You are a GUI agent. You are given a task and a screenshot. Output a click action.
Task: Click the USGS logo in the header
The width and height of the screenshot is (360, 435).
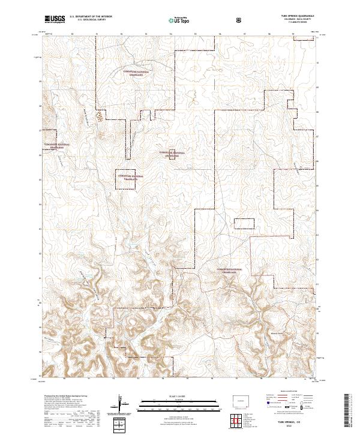point(55,20)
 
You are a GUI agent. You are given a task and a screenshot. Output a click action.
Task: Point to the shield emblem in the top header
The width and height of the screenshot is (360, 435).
point(240,20)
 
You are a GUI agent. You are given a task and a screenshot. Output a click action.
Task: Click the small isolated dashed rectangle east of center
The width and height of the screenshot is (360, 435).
point(244,224)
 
